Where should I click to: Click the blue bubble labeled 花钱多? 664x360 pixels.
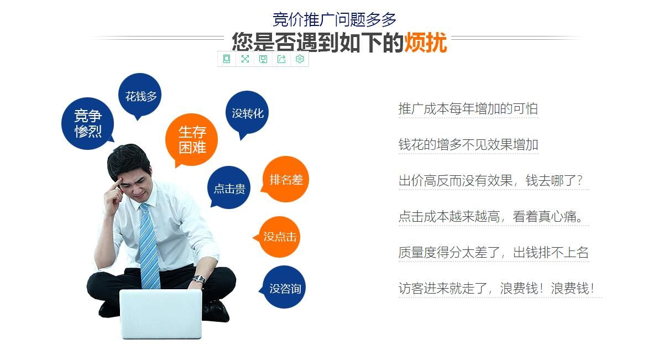[x=140, y=96]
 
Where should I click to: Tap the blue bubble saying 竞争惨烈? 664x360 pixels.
[x=87, y=123]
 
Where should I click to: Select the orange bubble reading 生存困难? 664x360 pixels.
[x=191, y=139]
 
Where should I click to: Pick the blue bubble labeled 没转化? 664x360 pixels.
[x=247, y=113]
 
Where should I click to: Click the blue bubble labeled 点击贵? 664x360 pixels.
[x=229, y=187]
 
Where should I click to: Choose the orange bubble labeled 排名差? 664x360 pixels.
[x=285, y=179]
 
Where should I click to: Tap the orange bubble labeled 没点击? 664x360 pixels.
[x=279, y=237]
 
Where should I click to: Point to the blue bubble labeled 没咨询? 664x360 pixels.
[x=284, y=287]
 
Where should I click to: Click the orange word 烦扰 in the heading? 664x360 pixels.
[x=425, y=43]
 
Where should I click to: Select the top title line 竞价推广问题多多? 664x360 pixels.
[x=334, y=19]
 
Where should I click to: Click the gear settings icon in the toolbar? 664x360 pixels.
[x=300, y=59]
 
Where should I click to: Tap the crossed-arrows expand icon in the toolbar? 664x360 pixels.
[x=245, y=59]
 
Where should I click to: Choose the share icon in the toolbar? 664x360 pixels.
[x=281, y=59]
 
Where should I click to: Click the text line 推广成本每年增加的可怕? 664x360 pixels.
[x=468, y=108]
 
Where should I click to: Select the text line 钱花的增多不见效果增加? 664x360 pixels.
[x=468, y=145]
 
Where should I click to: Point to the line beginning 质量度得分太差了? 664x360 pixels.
[x=494, y=252]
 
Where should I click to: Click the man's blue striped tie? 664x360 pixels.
[x=149, y=246]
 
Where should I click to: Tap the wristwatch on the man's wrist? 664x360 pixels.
[x=198, y=279]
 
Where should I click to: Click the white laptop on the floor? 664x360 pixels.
[x=161, y=314]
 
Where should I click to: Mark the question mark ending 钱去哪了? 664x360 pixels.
[x=579, y=180]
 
